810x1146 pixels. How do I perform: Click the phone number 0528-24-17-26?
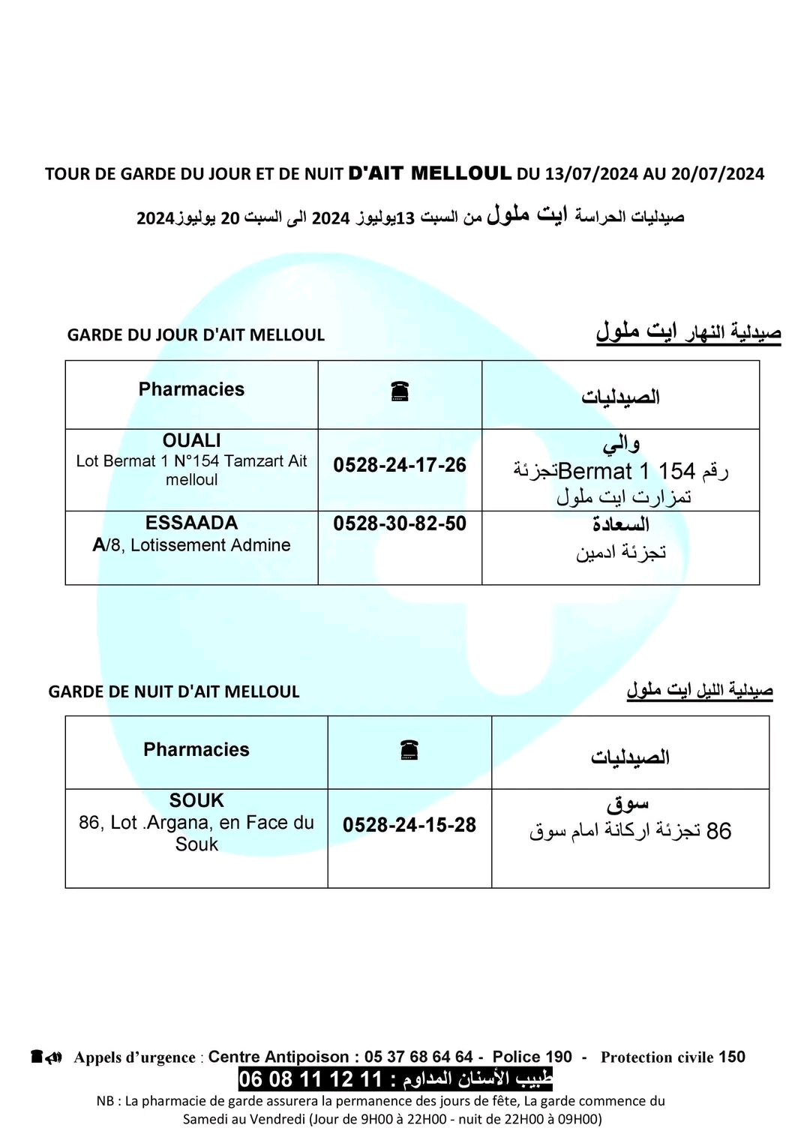400,465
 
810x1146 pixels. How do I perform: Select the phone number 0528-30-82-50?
400,523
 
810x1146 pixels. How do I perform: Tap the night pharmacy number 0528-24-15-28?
409,825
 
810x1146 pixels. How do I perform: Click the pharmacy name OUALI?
192,440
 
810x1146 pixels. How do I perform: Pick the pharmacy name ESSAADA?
192,523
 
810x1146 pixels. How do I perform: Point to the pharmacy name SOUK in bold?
196,800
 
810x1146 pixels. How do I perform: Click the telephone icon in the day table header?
400,391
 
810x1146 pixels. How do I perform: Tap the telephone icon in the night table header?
409,749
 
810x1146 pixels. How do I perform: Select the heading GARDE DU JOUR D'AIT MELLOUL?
196,335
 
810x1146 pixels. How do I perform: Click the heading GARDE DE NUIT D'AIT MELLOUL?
174,691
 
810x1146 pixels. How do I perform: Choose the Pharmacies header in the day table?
191,389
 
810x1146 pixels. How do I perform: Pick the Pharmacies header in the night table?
196,749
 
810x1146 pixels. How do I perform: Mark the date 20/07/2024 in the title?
718,174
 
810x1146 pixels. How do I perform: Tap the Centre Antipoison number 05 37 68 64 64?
418,1057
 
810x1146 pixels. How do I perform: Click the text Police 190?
532,1057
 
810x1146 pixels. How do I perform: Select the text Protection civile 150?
673,1057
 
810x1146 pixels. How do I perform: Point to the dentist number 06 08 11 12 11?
310,1080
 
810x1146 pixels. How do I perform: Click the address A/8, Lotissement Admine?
191,545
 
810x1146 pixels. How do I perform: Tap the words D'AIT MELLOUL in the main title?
430,173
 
